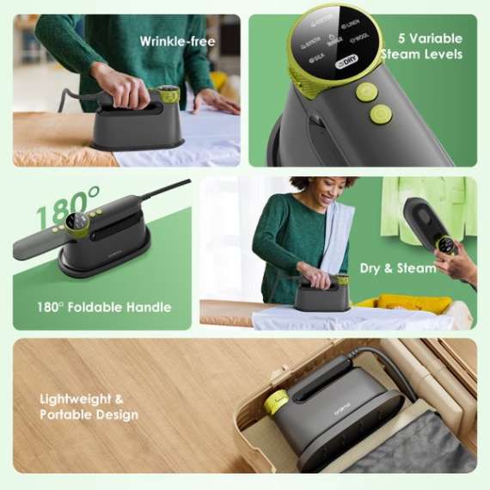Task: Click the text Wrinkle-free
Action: [x=176, y=40]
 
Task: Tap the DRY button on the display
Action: [x=346, y=59]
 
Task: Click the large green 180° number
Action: [x=68, y=205]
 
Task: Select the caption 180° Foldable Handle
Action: [x=103, y=307]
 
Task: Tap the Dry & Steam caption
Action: [x=398, y=268]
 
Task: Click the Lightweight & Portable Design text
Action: [x=89, y=407]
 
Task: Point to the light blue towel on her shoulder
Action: [x=335, y=236]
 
